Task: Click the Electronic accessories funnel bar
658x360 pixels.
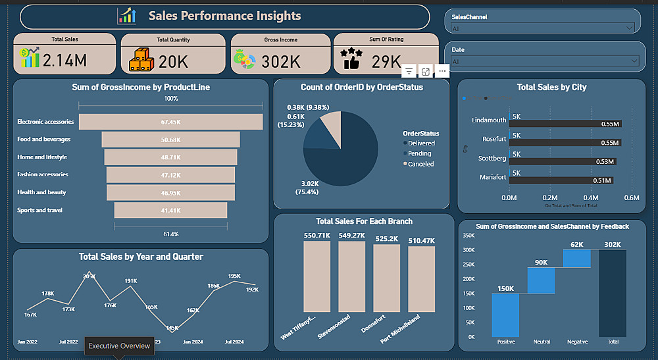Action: click(170, 122)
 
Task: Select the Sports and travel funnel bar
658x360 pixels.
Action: click(170, 210)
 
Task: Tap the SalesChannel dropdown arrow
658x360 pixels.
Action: click(630, 28)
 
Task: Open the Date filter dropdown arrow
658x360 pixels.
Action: click(634, 61)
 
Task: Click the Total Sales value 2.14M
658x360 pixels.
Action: click(64, 61)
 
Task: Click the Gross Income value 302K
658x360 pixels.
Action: click(281, 62)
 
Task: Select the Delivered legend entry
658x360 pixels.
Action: click(420, 143)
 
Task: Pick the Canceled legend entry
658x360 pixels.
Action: click(420, 164)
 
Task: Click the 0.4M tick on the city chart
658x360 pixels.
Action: click(591, 197)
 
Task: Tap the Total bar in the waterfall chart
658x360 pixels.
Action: click(612, 293)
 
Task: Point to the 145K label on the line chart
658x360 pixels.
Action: click(172, 328)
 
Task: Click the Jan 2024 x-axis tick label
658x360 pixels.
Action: click(193, 342)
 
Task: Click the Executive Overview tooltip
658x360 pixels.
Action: click(120, 346)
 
